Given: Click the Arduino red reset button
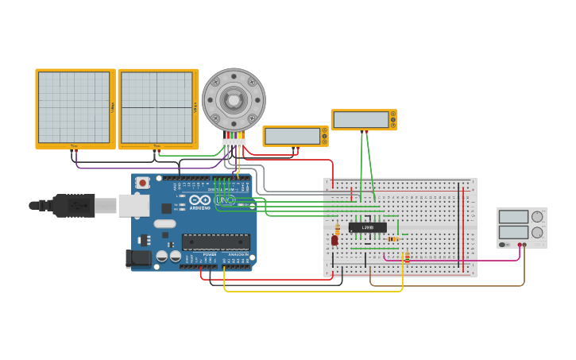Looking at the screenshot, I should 142,183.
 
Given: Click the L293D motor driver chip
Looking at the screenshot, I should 367,227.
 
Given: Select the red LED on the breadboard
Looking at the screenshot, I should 334,240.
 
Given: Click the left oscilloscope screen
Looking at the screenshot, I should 74,107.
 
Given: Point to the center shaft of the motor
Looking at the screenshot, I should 233,100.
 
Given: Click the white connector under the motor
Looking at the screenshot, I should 233,144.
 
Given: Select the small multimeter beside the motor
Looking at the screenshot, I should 295,136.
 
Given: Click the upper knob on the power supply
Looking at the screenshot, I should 537,217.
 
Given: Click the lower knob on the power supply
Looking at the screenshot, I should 537,233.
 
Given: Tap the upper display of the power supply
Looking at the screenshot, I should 512,217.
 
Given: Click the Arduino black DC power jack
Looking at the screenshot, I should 139,257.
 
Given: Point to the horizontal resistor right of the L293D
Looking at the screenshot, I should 392,239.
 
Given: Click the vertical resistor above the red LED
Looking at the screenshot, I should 337,230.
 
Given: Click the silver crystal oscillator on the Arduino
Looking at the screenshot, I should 164,223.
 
